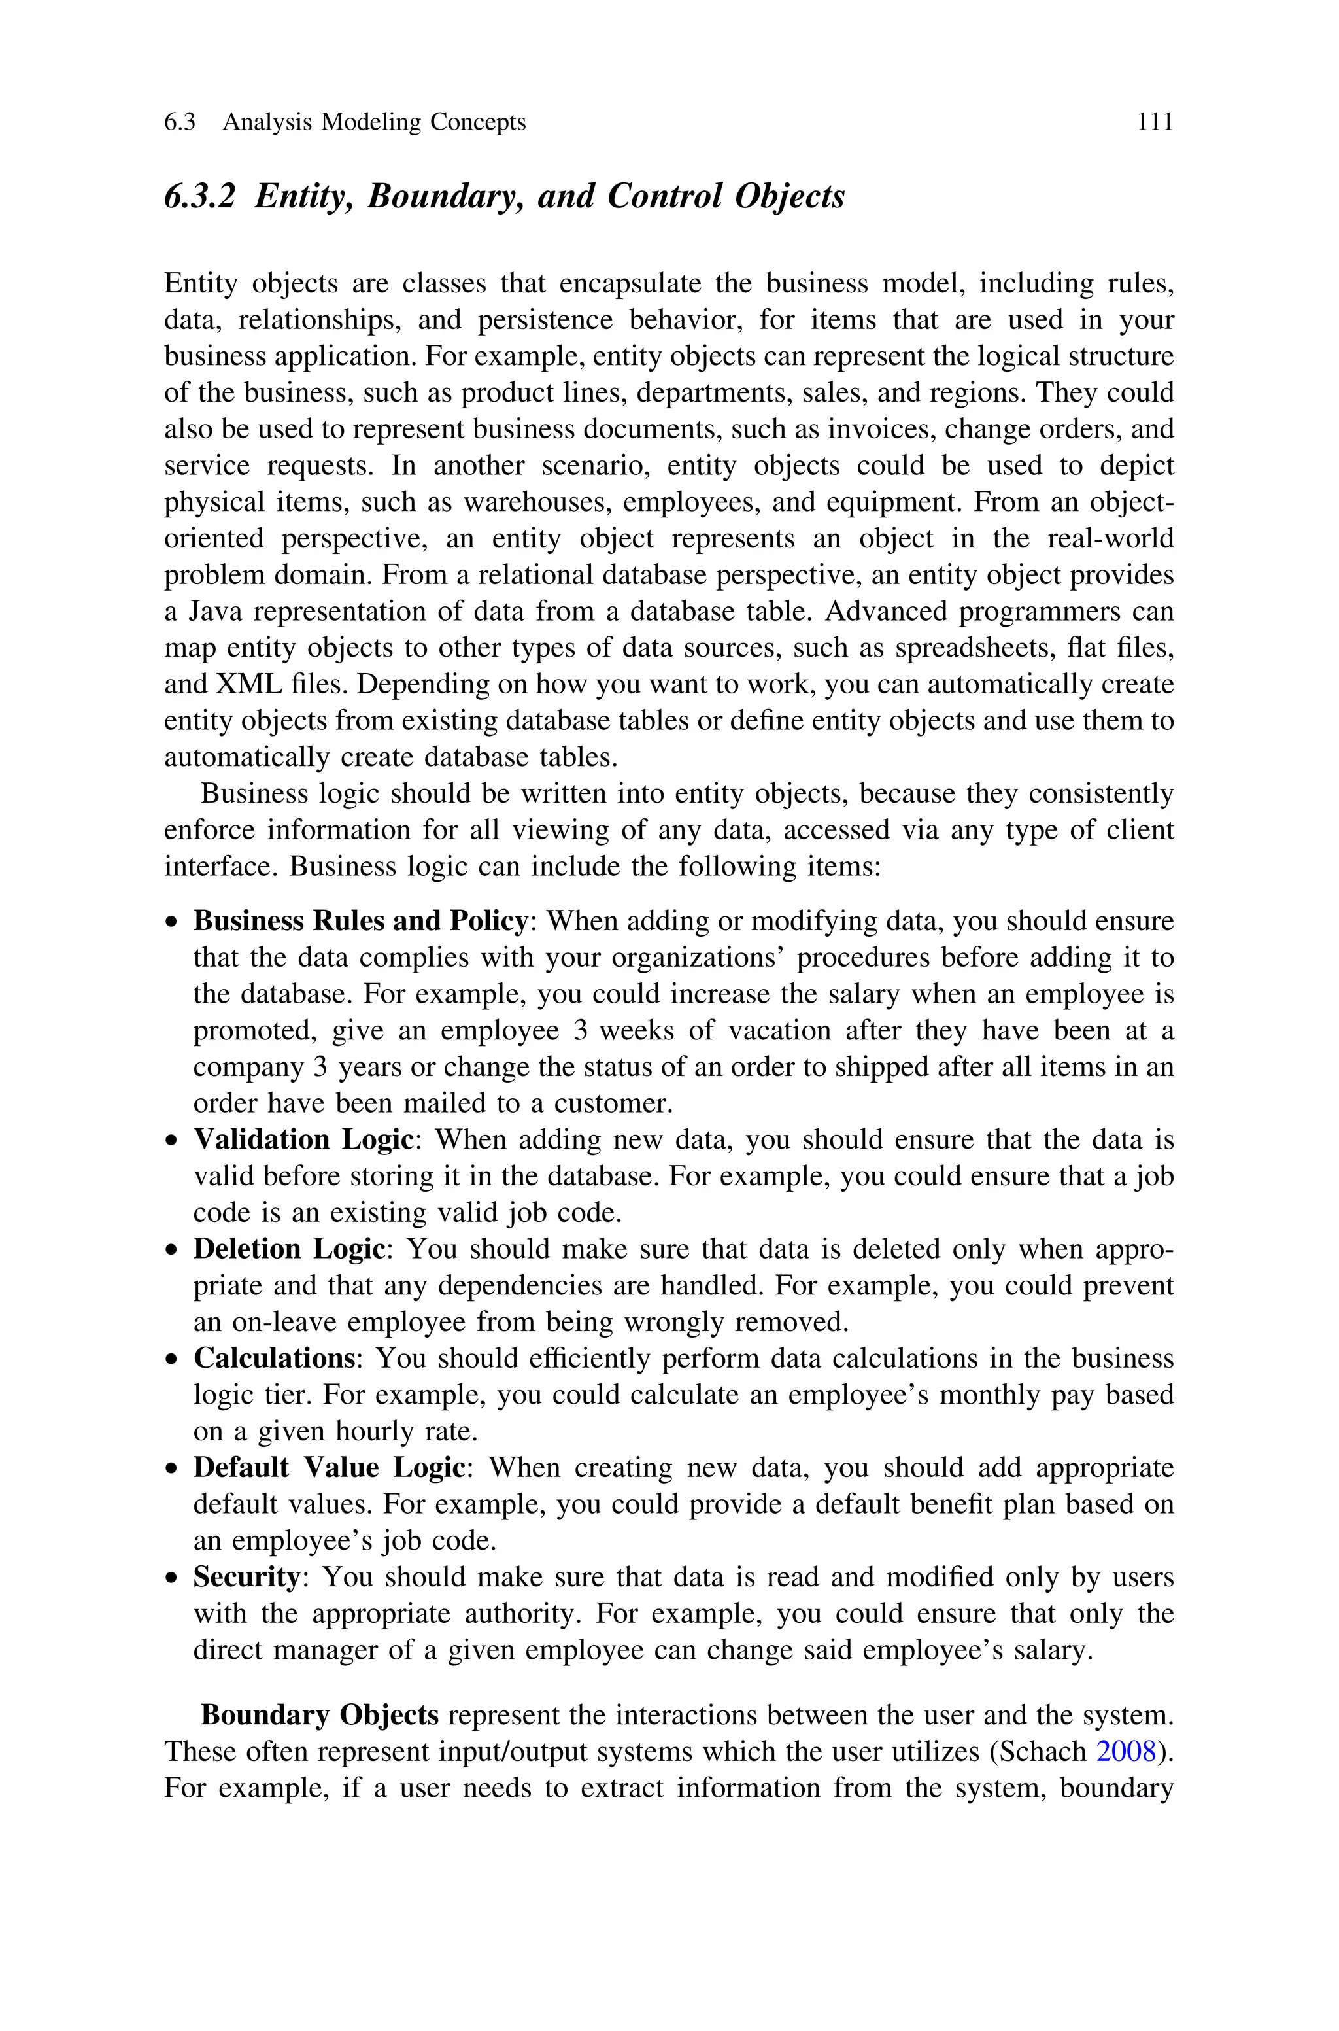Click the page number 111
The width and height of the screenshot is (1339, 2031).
point(1155,122)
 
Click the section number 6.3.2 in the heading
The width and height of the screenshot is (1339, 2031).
point(199,196)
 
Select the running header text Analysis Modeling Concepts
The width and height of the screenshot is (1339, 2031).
point(374,122)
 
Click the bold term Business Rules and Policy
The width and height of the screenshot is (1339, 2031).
point(360,921)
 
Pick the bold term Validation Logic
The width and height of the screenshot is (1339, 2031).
point(304,1139)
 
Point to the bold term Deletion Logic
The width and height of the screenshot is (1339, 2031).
point(290,1249)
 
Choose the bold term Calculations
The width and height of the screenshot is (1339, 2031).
point(274,1358)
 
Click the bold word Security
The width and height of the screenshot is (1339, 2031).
point(246,1576)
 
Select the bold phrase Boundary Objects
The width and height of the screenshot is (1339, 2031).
point(319,1715)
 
